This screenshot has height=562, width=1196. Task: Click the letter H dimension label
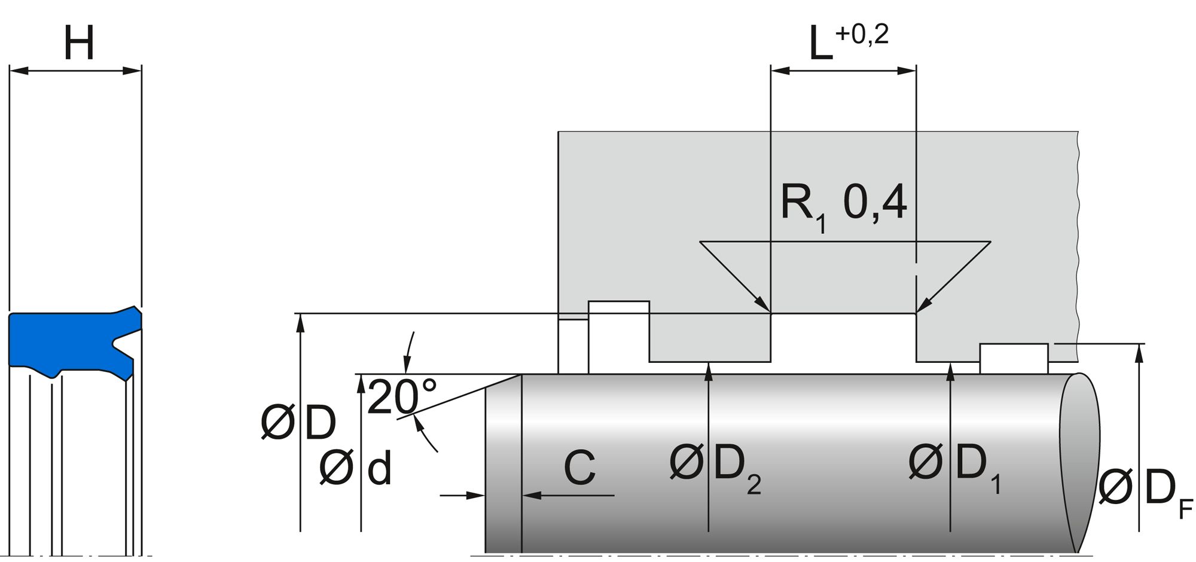79,43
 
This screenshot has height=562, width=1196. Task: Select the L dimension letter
820,44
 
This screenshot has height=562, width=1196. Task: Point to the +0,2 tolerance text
862,35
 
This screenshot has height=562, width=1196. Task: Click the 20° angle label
401,397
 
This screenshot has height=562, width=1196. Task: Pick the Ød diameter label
355,468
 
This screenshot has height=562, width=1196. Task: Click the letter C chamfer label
579,468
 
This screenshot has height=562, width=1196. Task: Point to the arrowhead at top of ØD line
300,321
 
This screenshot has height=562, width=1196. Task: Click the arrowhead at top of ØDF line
1140,353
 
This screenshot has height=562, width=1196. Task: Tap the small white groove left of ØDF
1014,358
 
